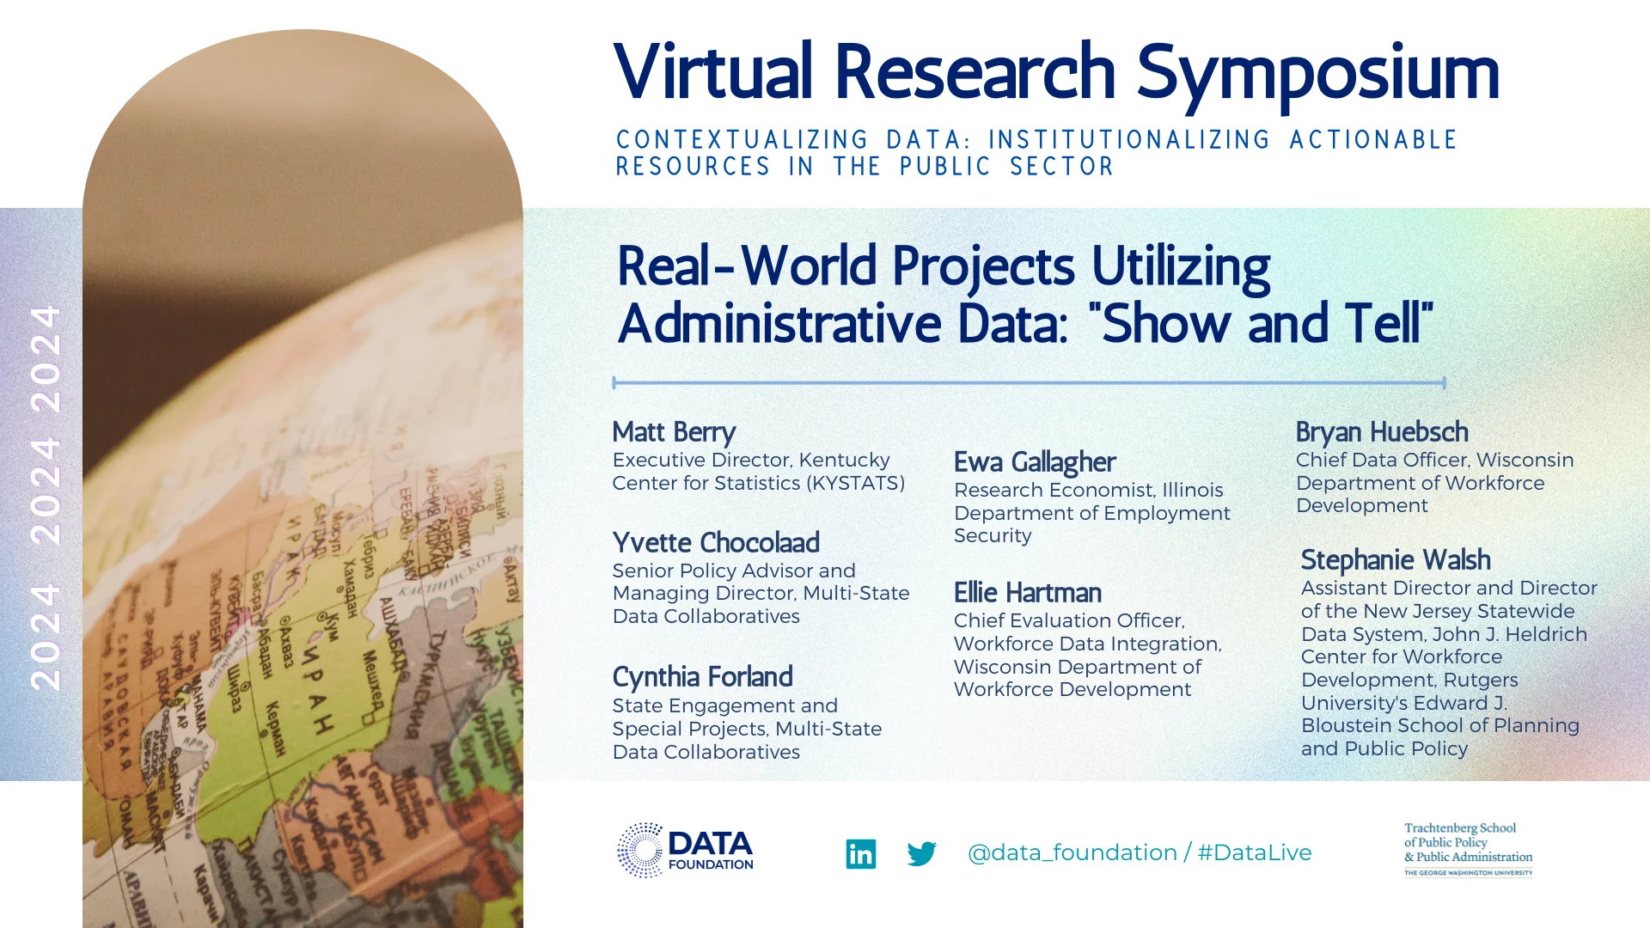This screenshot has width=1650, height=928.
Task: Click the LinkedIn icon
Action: pyautogui.click(x=860, y=853)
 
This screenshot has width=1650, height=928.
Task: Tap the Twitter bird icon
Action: pyautogui.click(x=921, y=853)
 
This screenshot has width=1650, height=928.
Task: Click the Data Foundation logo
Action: pyautogui.click(x=685, y=851)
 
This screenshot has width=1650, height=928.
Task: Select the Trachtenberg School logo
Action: pyautogui.click(x=1468, y=849)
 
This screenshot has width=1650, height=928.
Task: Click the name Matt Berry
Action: pyautogui.click(x=674, y=432)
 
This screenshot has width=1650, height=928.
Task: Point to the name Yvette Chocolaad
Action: pyautogui.click(x=716, y=543)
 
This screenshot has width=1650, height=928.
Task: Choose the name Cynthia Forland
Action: pyautogui.click(x=702, y=677)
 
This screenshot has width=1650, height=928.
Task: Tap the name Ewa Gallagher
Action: pyautogui.click(x=1035, y=462)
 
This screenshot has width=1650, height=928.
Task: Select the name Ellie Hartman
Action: pyautogui.click(x=1027, y=593)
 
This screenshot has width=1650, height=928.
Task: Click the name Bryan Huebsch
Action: pyautogui.click(x=1382, y=432)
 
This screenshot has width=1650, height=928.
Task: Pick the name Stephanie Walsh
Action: pyautogui.click(x=1396, y=560)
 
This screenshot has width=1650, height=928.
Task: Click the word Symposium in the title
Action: pyautogui.click(x=1317, y=72)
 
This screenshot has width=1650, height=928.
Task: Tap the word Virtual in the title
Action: pyautogui.click(x=713, y=72)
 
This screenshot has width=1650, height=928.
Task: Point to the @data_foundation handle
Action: pyautogui.click(x=1072, y=852)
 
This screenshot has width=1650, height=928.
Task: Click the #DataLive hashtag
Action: pyautogui.click(x=1255, y=852)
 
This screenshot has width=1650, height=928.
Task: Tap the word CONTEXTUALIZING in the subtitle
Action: pyautogui.click(x=742, y=140)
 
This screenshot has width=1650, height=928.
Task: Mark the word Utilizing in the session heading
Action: pyautogui.click(x=1180, y=266)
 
